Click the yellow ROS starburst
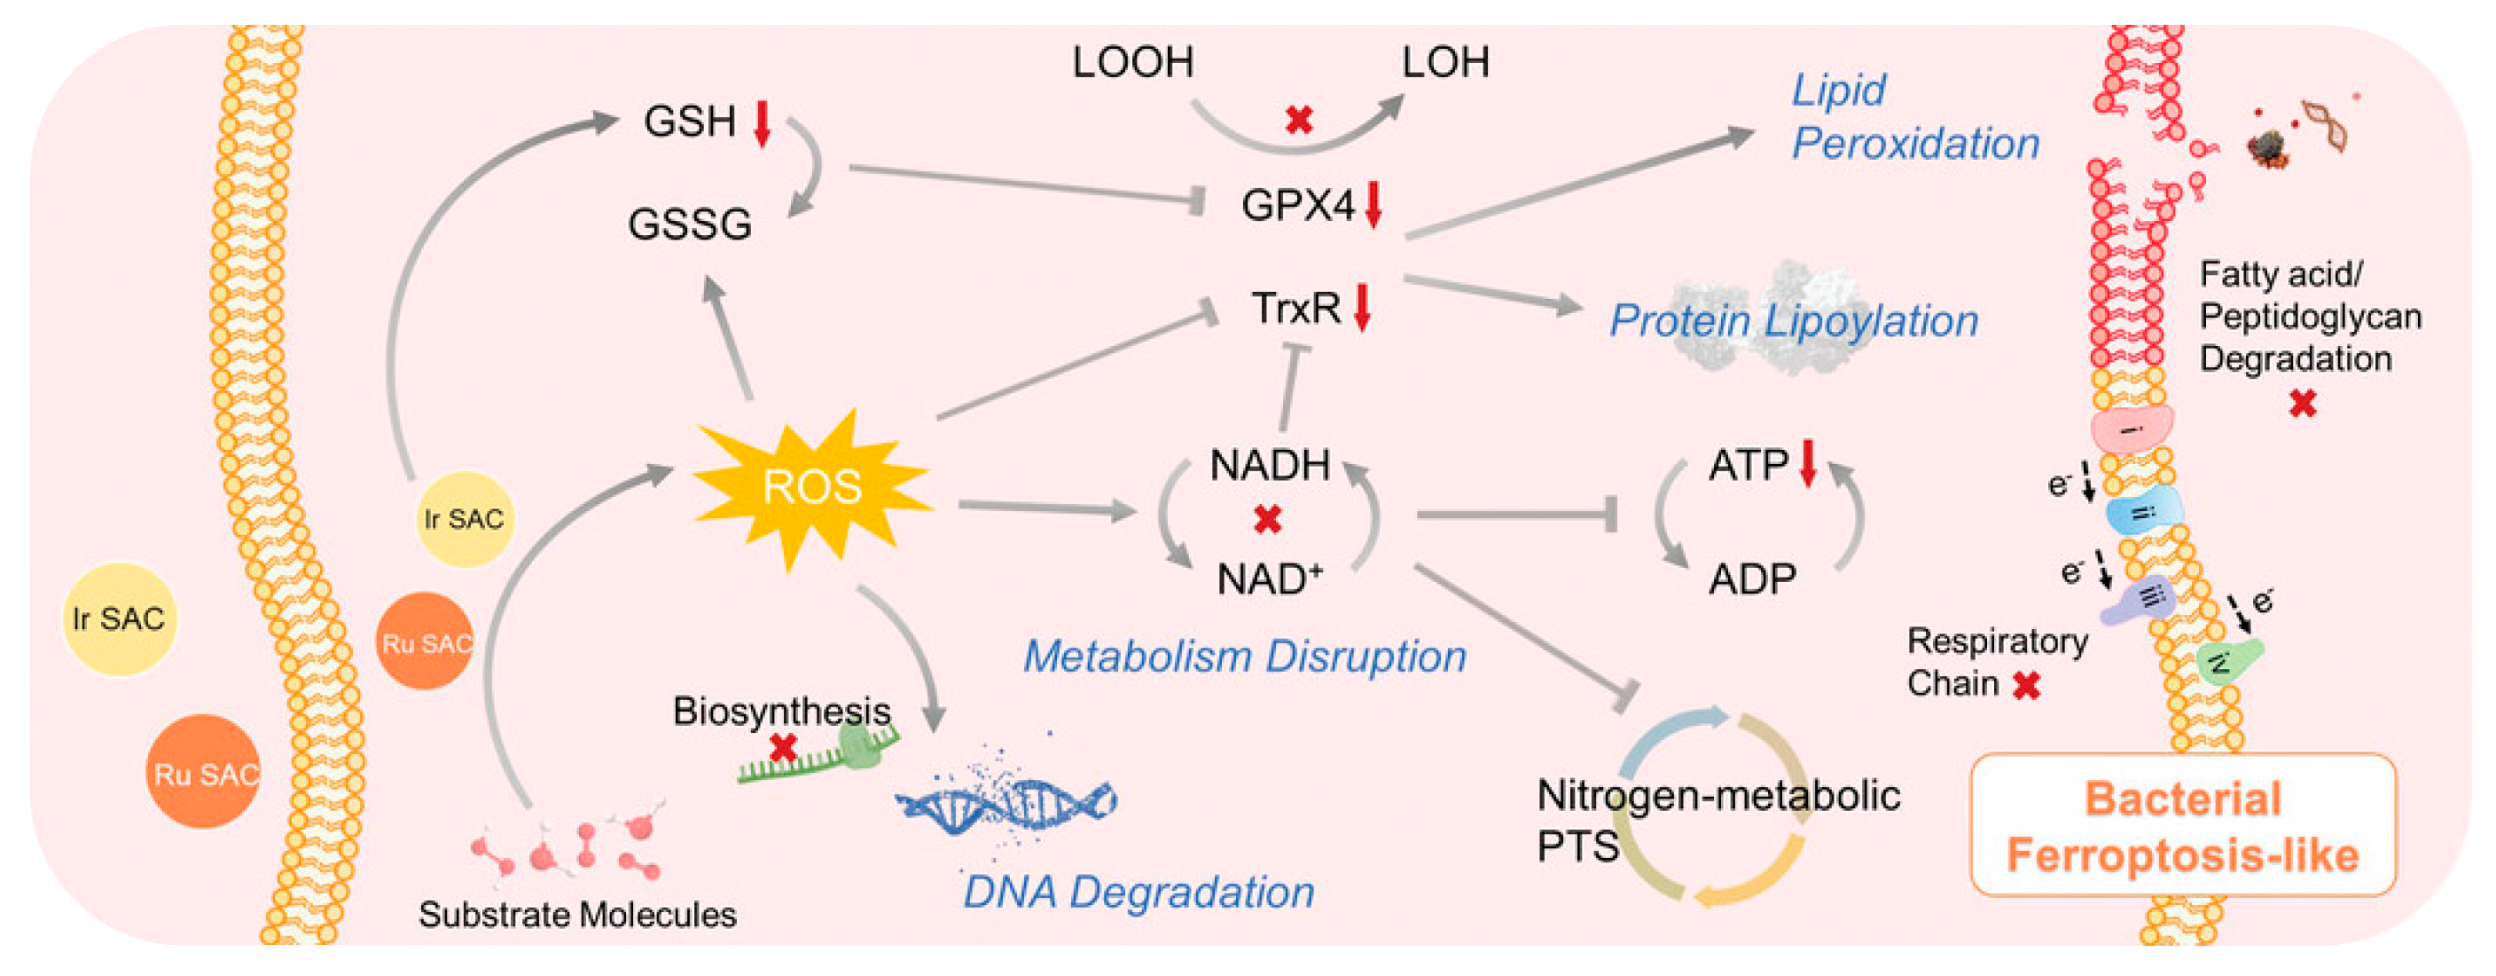click(x=811, y=487)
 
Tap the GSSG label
click(x=689, y=224)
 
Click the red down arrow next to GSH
click(x=763, y=123)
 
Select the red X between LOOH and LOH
click(x=1298, y=120)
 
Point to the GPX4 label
click(x=1297, y=206)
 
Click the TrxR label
click(x=1295, y=308)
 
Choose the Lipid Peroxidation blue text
click(x=1913, y=117)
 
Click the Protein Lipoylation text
click(x=1793, y=322)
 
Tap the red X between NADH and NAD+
click(x=1267, y=520)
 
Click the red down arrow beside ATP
click(x=1807, y=463)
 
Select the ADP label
click(x=1751, y=579)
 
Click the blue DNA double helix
click(x=1007, y=802)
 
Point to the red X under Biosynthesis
click(x=783, y=748)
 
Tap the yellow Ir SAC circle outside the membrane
click(x=118, y=618)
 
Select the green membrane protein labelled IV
click(x=2226, y=662)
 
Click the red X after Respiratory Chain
click(x=2026, y=686)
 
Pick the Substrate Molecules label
click(x=576, y=915)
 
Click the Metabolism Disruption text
click(x=1244, y=657)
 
